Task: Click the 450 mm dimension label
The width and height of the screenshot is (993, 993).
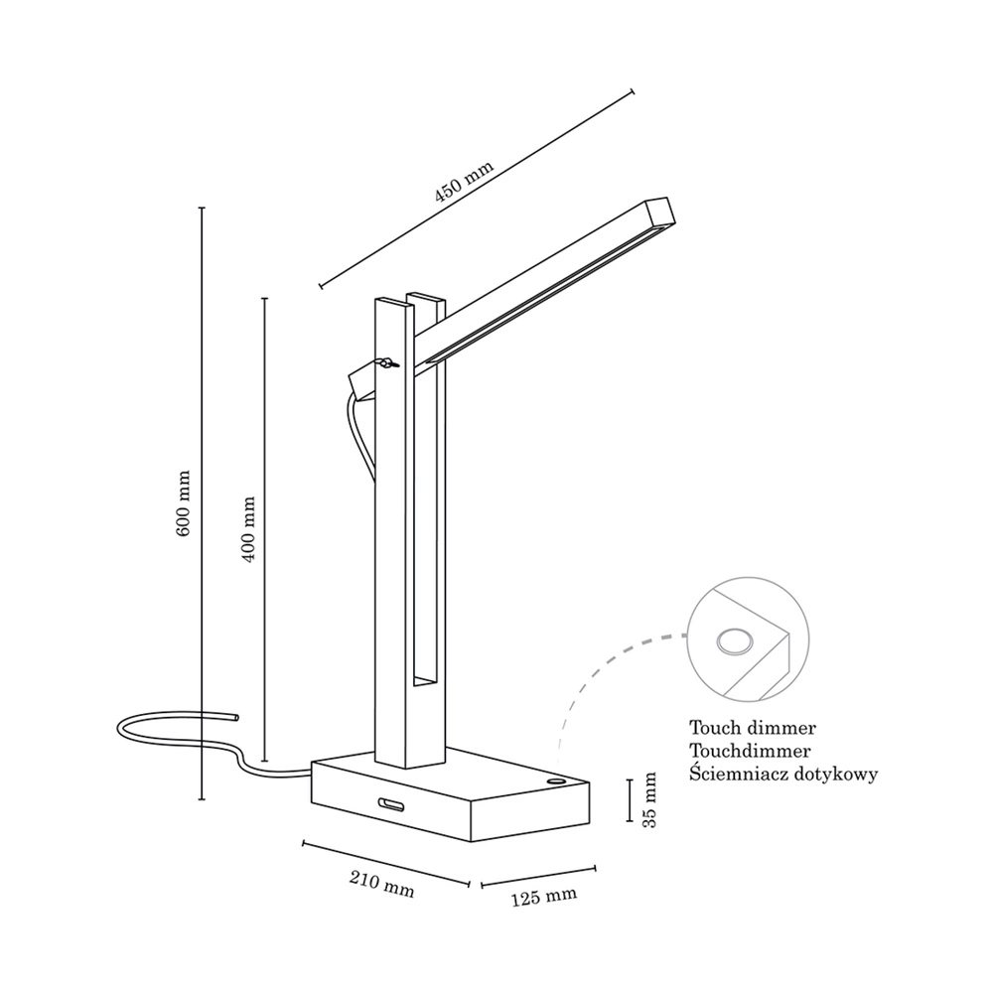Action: [x=464, y=182]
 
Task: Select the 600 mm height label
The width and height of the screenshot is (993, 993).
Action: [x=183, y=503]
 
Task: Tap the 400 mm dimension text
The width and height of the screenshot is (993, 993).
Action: [x=248, y=529]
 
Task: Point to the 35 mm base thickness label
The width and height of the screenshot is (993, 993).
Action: [x=649, y=799]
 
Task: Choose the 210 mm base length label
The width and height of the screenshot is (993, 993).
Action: [x=382, y=884]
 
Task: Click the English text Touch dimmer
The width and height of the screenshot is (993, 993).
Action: [x=753, y=728]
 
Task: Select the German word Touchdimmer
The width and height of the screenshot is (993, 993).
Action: [x=750, y=751]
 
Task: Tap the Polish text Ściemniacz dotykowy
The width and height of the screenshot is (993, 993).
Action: [x=783, y=775]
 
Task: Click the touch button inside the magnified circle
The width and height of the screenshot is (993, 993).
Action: [x=735, y=641]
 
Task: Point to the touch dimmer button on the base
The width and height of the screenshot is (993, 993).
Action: [x=556, y=782]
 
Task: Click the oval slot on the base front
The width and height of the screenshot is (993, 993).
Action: [x=391, y=803]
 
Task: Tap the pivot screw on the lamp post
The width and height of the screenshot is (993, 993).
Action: [x=387, y=362]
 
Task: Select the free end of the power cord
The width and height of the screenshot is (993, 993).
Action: [x=236, y=718]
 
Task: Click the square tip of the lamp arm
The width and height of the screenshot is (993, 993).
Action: [x=660, y=213]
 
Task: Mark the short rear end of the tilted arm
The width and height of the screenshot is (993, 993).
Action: [x=362, y=382]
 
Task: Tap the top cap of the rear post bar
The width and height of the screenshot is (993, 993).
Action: [x=426, y=298]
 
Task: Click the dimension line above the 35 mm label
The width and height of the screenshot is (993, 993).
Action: [x=630, y=799]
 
